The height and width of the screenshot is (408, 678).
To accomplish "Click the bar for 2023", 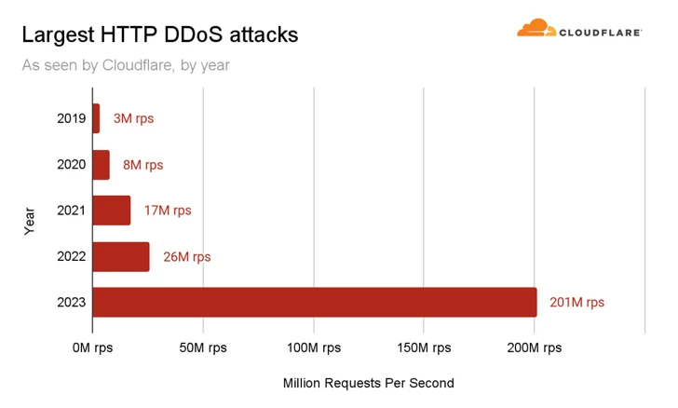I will [315, 302].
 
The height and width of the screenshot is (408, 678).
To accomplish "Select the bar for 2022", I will [121, 256].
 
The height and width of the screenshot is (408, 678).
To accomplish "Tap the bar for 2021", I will [112, 211].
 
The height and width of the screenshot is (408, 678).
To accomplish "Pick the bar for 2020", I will [101, 165].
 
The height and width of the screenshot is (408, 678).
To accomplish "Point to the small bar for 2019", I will [96, 119].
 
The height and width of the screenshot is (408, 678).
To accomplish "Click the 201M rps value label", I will [576, 302].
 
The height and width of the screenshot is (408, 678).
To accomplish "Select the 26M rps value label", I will [186, 256].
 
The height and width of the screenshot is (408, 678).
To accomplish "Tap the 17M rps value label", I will [168, 211].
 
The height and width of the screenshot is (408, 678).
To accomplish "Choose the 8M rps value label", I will [142, 165].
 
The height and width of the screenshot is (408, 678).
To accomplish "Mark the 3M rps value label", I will [133, 119].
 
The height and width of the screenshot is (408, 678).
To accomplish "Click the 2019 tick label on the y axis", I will [71, 119].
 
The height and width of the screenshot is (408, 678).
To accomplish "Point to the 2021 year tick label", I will [71, 211].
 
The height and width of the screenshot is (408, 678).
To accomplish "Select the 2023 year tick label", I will [71, 302].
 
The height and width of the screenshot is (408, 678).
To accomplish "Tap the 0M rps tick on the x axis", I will [92, 347].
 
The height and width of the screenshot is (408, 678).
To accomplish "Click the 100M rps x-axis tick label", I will [313, 347].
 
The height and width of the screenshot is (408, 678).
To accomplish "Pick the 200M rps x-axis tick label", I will [534, 347].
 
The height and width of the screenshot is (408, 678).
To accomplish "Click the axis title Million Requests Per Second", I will [368, 383].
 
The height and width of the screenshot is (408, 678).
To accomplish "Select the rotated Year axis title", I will [30, 220].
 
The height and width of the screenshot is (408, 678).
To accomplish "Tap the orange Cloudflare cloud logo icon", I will [536, 29].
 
